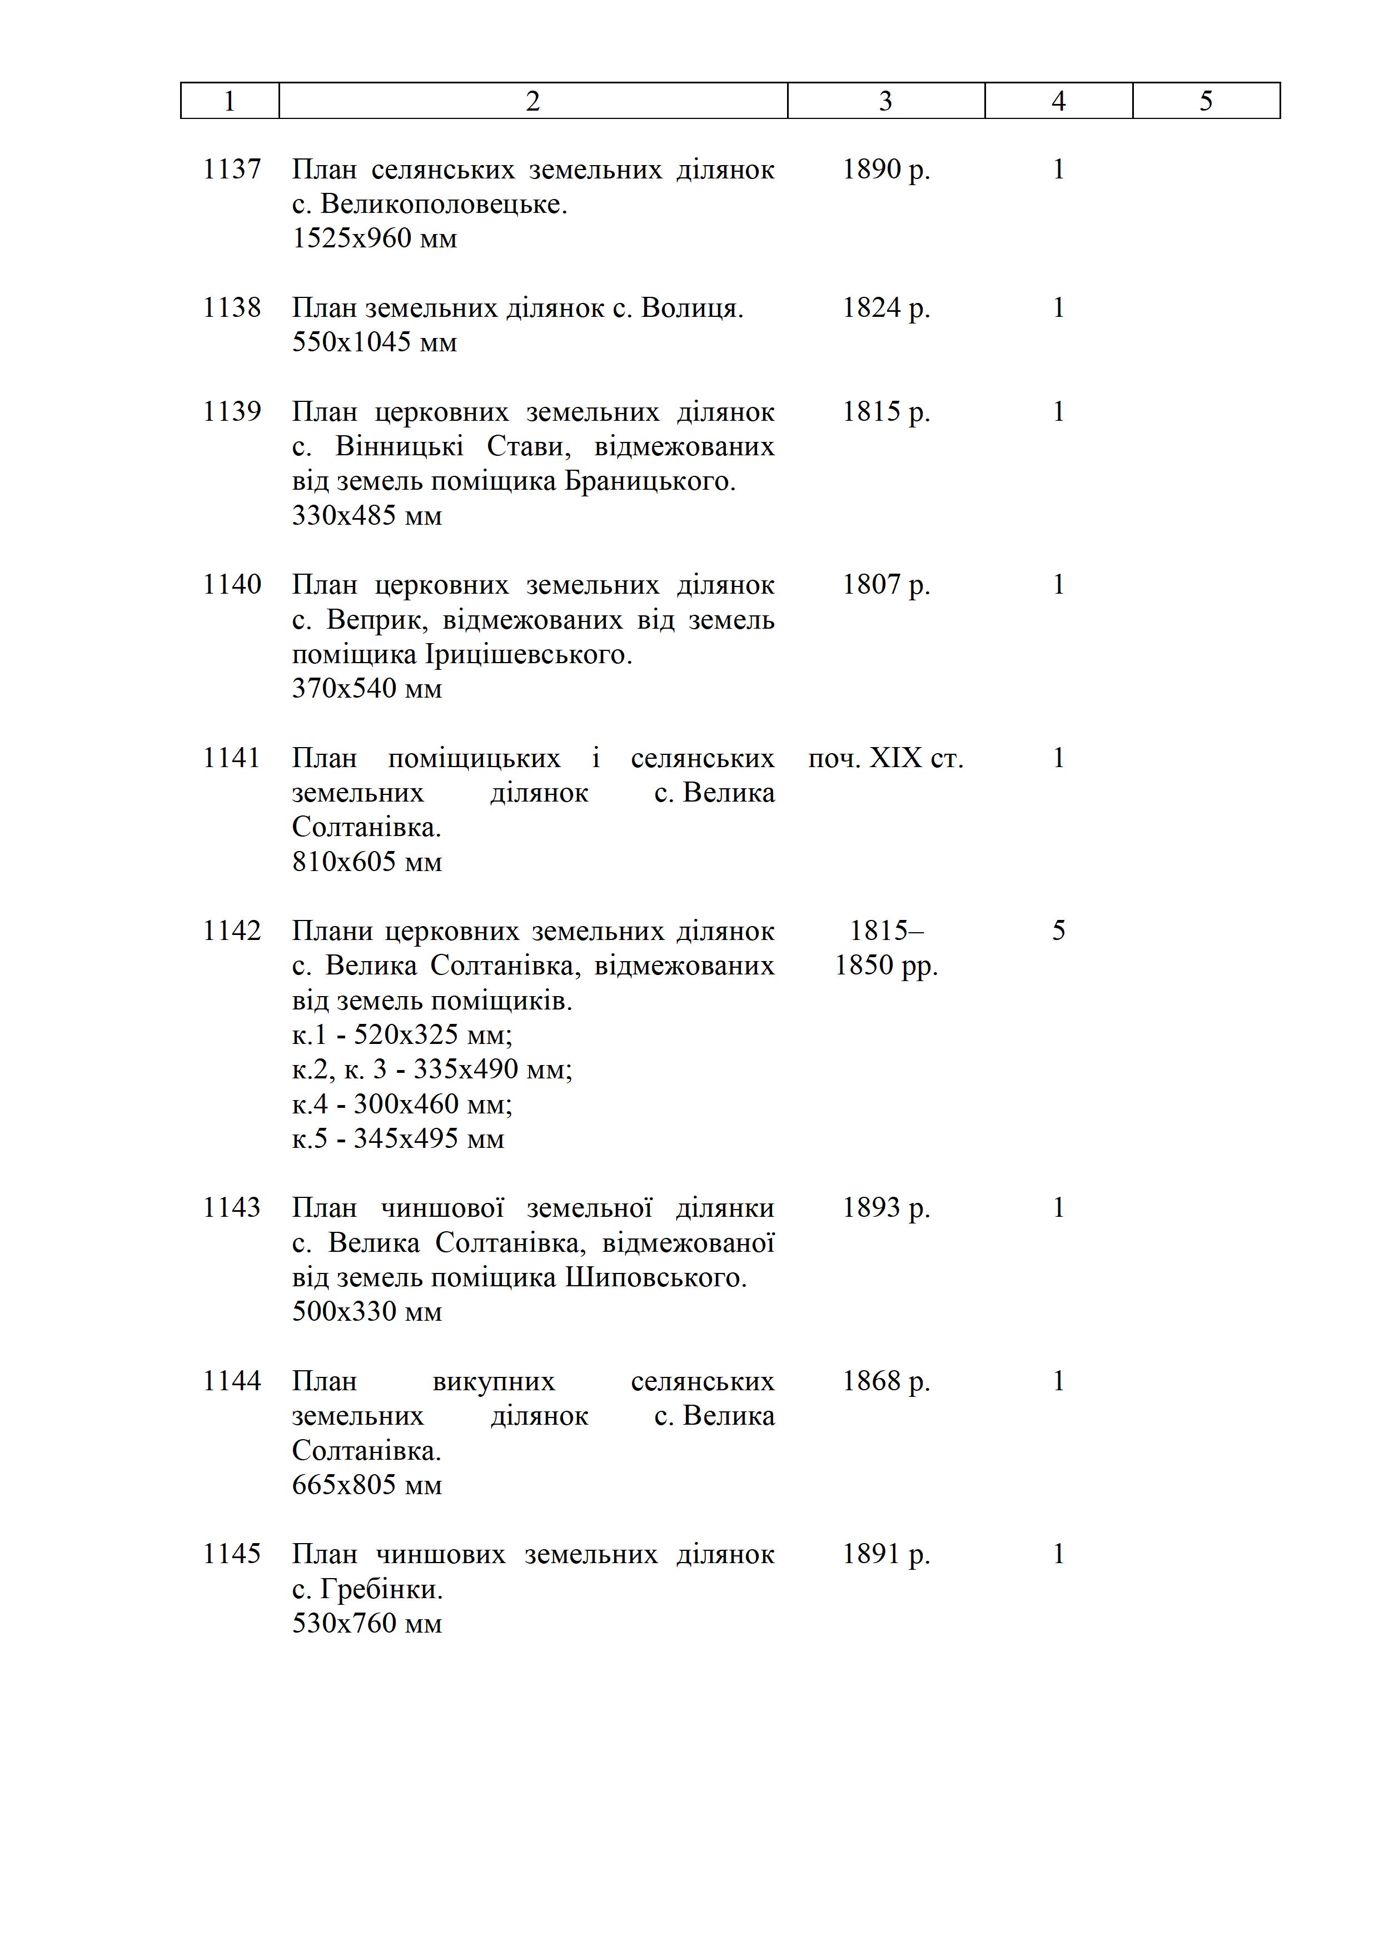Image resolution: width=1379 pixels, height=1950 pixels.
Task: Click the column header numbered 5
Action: [x=1206, y=101]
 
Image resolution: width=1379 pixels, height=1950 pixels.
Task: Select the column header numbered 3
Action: [x=885, y=101]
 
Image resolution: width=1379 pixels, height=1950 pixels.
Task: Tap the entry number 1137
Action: [x=232, y=170]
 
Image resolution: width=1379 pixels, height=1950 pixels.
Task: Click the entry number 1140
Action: [x=232, y=585]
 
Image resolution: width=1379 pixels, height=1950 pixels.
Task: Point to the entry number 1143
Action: [x=232, y=1208]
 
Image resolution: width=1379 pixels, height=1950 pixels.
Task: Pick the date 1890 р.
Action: [x=885, y=170]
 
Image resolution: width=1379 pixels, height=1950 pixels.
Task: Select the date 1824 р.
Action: [x=885, y=309]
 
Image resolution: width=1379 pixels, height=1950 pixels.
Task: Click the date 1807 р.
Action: [x=885, y=585]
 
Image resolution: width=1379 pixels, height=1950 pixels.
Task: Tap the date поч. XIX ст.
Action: [x=885, y=758]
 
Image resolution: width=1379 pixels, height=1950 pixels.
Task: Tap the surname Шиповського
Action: [x=655, y=1277]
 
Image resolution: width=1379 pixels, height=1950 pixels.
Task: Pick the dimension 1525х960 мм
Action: [x=375, y=238]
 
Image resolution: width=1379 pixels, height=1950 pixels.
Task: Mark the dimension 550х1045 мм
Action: [x=375, y=342]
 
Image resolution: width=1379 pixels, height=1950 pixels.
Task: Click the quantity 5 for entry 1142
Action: [x=1058, y=931]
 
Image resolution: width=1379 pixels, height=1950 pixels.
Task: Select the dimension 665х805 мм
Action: [x=367, y=1485]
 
